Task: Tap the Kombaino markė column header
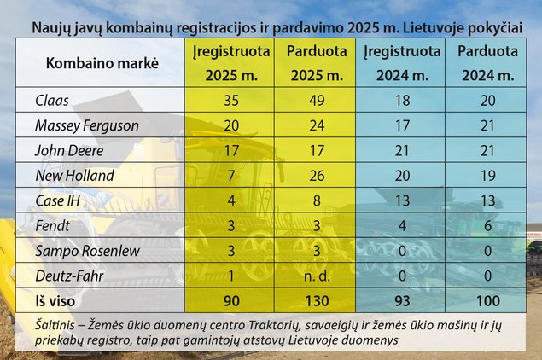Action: (x=102, y=63)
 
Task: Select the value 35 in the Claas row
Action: (x=230, y=99)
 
